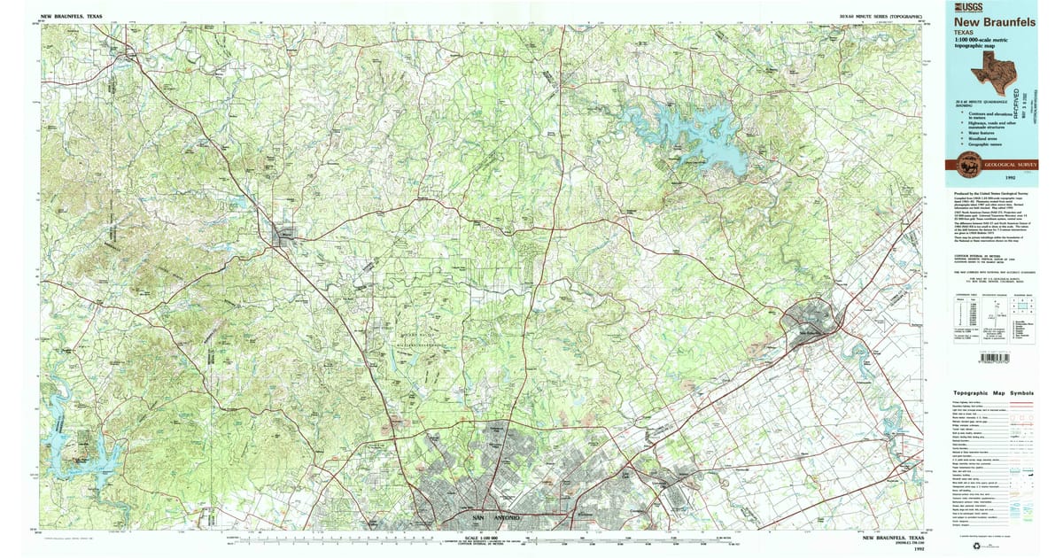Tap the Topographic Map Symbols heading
(x=993, y=393)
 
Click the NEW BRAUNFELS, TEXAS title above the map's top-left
(x=71, y=15)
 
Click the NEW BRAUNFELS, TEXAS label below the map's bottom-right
(x=894, y=538)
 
